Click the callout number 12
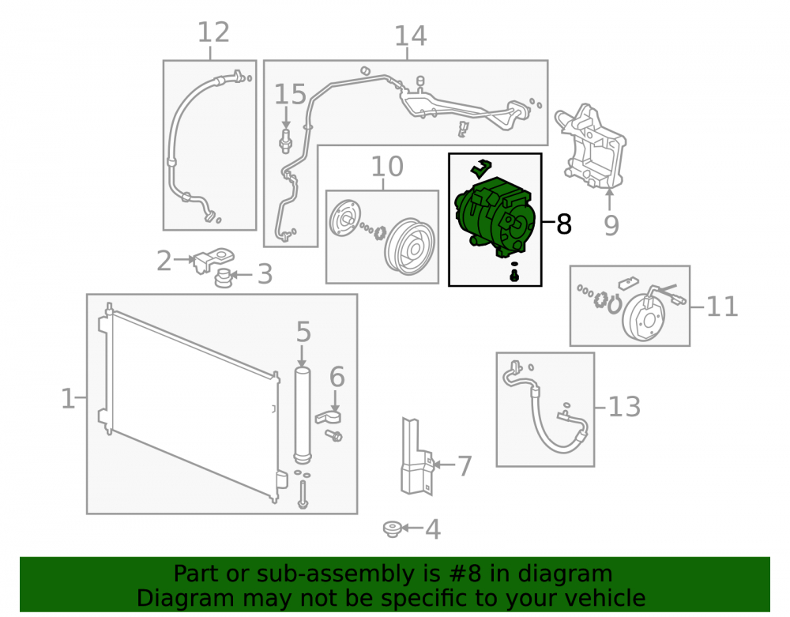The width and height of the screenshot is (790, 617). [213, 32]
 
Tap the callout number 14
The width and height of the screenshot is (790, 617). [410, 36]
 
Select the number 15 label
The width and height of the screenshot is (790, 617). [290, 94]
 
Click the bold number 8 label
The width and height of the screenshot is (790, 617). [564, 224]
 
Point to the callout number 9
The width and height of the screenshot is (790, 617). [611, 225]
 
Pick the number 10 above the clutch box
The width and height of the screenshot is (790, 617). [387, 166]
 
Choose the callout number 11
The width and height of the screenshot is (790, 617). [722, 307]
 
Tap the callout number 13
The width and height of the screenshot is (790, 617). [624, 407]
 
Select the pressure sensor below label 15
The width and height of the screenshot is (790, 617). [286, 141]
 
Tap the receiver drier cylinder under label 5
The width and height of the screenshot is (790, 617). [303, 416]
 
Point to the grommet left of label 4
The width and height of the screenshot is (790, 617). [392, 529]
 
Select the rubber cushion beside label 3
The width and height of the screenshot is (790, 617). [224, 277]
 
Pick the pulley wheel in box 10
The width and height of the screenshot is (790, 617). [409, 247]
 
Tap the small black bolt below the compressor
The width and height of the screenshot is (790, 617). [514, 276]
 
